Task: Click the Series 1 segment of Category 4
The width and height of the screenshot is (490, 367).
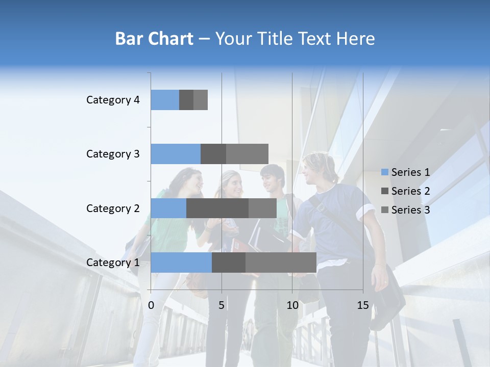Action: tap(165, 100)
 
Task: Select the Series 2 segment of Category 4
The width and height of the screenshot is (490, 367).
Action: tap(186, 100)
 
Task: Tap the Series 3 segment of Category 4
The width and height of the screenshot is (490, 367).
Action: tap(201, 100)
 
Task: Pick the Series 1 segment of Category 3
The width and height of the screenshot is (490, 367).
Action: tap(176, 154)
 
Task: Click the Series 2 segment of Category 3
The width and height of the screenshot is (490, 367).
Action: tap(213, 154)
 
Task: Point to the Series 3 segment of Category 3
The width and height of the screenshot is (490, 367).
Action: tap(247, 154)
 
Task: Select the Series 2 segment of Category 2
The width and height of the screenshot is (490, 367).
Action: tap(217, 208)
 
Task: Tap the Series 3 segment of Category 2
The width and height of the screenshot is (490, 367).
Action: tap(262, 208)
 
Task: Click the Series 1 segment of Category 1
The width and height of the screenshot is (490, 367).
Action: tap(181, 263)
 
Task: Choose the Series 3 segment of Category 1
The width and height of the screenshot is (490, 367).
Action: tap(281, 263)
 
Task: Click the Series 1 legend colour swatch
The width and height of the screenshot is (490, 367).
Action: tap(384, 172)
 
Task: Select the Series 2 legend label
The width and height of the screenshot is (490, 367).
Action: tap(410, 191)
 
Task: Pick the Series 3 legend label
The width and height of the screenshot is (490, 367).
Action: tap(410, 210)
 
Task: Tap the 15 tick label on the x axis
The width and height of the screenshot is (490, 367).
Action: tap(363, 305)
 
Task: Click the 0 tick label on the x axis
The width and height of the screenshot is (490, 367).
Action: tap(151, 305)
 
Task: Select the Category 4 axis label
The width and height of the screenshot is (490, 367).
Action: tap(113, 100)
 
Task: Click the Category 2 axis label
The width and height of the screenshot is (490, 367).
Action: tap(113, 208)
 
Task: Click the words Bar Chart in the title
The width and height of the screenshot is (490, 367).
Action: tap(154, 39)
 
